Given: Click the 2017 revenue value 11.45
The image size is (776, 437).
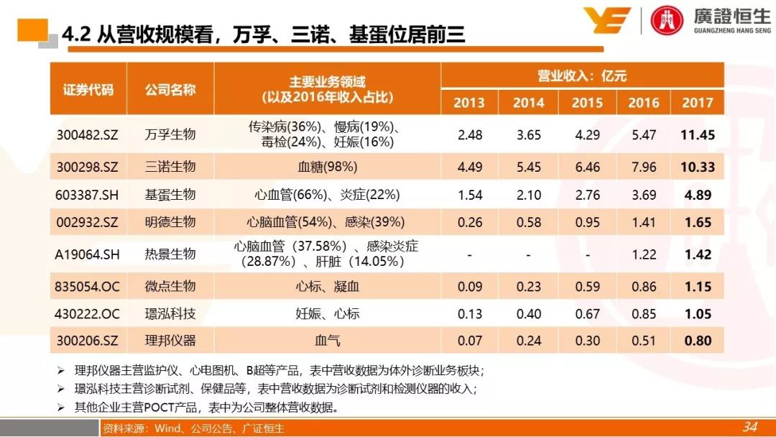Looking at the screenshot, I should coord(698,134).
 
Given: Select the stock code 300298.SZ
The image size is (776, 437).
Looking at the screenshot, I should coord(87,167).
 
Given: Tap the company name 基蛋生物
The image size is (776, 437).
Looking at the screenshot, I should coord(170,195).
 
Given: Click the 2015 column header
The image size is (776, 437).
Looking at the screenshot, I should coord(587,103).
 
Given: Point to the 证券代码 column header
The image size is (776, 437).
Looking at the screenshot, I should coord(88,90).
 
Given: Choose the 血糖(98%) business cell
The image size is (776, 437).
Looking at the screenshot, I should coord(328,167).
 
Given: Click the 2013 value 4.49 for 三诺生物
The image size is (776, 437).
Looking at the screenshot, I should coord(469,167).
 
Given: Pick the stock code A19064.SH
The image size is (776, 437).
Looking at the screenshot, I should coord(88,254).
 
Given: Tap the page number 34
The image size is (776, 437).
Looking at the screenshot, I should coord(749,427).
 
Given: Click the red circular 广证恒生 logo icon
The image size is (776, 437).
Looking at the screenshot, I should coord(668,19).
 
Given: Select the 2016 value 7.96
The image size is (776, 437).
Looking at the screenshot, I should coord(643,167).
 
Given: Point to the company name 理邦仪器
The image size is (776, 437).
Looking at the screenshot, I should coord(170,341).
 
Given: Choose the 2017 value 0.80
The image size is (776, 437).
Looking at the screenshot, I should coord(698,341).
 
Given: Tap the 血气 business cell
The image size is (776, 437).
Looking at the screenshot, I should coord(328,341).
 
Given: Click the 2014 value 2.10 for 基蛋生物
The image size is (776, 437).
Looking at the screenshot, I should coord(528,195).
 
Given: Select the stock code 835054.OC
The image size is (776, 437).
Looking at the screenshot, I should coord(88,287).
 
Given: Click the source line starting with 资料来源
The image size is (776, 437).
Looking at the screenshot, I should coord(193,428).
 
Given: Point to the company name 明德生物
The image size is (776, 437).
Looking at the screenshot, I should coord(170,222).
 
